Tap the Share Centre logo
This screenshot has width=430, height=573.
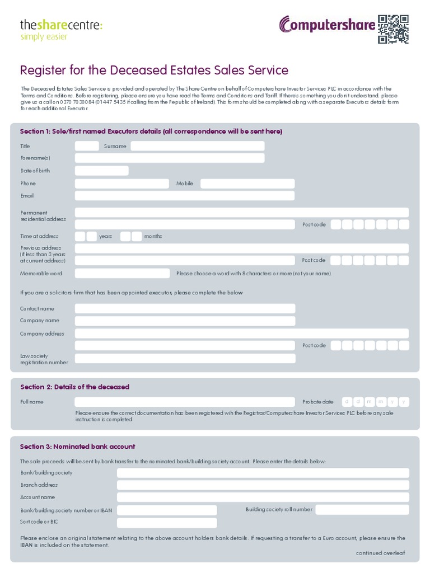[61, 29]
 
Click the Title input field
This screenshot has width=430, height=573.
[87, 146]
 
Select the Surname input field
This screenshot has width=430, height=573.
[197, 146]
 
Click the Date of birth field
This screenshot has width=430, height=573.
[101, 171]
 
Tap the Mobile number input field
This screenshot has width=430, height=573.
[247, 184]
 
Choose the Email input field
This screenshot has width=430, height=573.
[184, 196]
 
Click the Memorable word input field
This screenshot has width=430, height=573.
[122, 274]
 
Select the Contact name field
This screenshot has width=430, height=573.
[184, 309]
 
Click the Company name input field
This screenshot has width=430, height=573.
[184, 321]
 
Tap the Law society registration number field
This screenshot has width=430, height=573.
[184, 359]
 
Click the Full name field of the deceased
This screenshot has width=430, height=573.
[184, 402]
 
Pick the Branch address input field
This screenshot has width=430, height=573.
[263, 485]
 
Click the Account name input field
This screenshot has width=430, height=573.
[263, 497]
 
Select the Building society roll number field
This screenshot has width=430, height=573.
[362, 510]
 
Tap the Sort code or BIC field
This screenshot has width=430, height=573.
[166, 523]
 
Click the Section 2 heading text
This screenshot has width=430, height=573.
[74, 387]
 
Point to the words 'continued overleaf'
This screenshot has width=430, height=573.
[380, 553]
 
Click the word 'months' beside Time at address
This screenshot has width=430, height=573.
[153, 236]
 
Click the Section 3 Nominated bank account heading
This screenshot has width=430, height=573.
[77, 447]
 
